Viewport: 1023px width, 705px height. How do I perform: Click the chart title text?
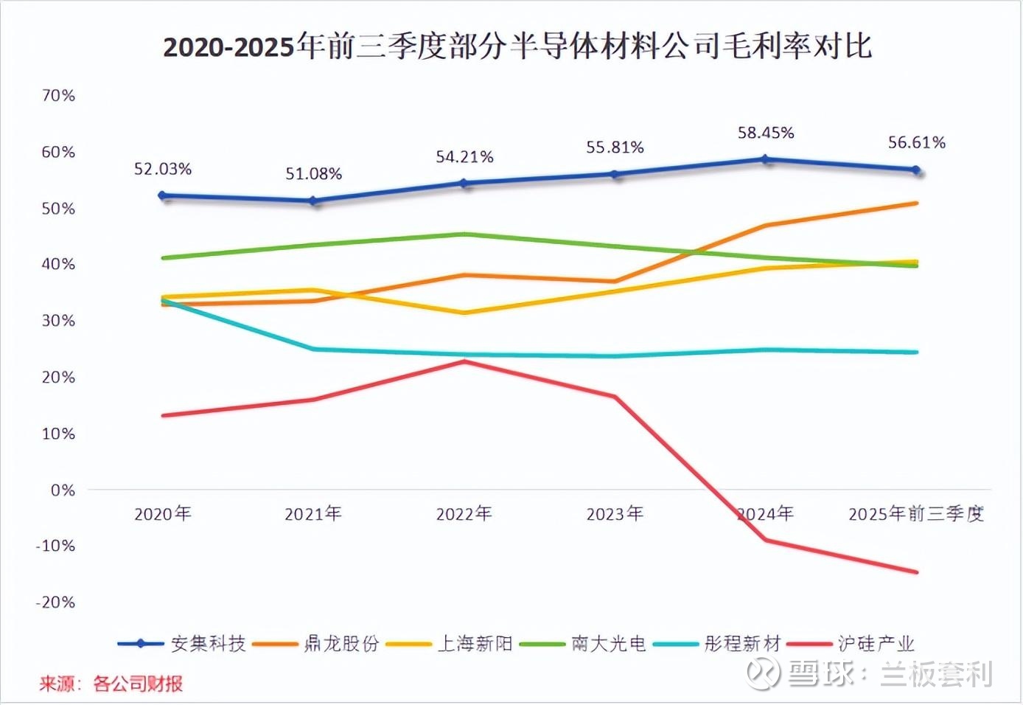pos(517,46)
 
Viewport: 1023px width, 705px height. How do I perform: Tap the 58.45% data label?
pos(766,133)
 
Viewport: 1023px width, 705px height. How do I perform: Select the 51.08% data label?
pos(314,174)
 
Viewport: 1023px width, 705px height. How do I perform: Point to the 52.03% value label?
pos(162,169)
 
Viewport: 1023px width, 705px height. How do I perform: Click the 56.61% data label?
pos(916,142)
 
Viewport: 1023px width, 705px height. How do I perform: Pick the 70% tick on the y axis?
pos(58,95)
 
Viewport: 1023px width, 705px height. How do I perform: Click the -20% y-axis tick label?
pos(55,602)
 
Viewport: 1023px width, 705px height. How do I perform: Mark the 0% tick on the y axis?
pos(63,490)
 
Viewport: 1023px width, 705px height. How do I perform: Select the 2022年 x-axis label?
pos(464,514)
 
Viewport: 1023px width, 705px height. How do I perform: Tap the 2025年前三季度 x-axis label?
pos(916,514)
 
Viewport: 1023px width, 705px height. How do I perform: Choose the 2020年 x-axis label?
pos(162,514)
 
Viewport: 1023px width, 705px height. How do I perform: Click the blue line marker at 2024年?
pos(766,159)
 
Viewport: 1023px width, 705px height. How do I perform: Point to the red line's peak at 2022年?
pos(464,361)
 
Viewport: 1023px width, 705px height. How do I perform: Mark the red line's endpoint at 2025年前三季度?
pos(916,572)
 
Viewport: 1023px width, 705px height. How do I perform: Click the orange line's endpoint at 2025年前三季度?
pos(916,203)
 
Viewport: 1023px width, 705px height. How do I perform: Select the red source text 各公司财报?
pos(138,684)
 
